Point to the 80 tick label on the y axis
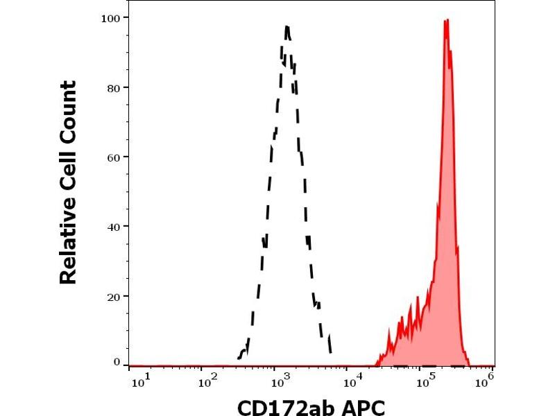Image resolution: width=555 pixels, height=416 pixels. pos(113,87)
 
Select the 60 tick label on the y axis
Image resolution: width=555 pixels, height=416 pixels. pos(113,157)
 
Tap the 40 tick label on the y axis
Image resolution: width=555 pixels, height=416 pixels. pos(113,226)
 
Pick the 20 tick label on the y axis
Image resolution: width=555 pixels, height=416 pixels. pos(113,296)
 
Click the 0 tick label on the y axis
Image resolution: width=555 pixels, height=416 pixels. pos(117,362)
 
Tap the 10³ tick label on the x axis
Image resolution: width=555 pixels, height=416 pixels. pos(279,381)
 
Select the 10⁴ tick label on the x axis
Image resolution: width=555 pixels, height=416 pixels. pos(353,381)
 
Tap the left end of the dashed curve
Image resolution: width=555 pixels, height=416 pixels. pos(238,358)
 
